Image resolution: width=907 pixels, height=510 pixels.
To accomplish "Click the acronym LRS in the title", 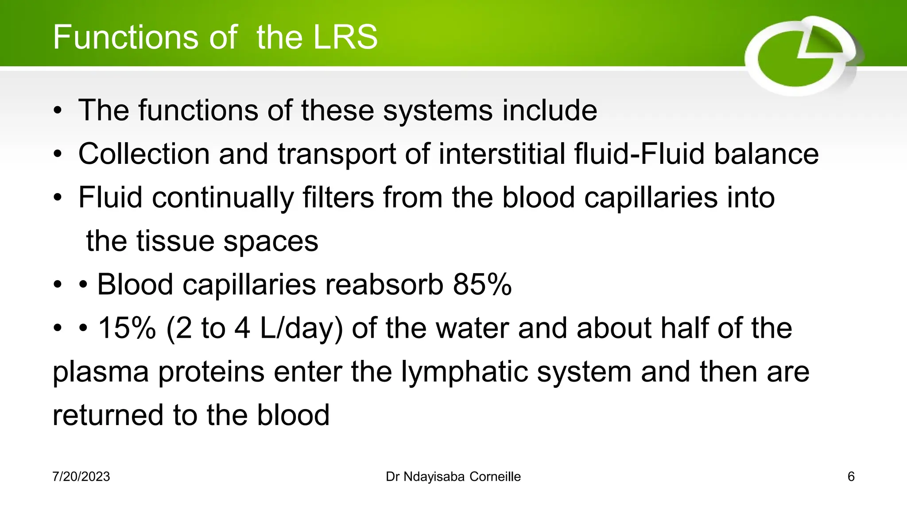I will [x=345, y=37].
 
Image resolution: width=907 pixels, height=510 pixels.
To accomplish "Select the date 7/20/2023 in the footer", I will [x=81, y=477].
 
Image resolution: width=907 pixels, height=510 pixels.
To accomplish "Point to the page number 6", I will [x=851, y=477].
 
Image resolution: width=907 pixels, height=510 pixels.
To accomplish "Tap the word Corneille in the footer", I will [x=495, y=477].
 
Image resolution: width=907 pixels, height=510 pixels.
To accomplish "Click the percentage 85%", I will [x=482, y=284].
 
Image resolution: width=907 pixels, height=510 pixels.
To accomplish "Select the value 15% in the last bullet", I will [x=127, y=328].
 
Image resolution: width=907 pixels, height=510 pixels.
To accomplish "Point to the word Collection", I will [x=144, y=154].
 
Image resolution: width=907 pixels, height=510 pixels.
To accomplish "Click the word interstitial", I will [x=502, y=154].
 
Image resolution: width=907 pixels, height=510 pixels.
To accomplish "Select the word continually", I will [x=223, y=198].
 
